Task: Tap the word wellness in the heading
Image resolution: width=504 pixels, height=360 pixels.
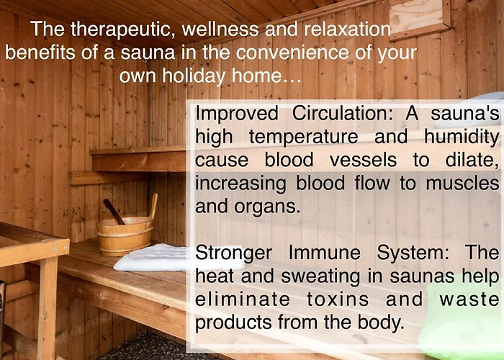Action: pos(220,29)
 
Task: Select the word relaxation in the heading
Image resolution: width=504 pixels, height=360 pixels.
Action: pos(348,29)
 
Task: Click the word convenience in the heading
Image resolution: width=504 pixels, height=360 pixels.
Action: pos(292,53)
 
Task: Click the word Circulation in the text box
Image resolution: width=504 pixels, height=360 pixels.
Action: pos(342,114)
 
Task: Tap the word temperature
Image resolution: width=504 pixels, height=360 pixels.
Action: pos(303,137)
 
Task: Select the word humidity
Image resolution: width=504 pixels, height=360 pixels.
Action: pos(462,137)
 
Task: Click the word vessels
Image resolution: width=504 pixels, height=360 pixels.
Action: pos(363,160)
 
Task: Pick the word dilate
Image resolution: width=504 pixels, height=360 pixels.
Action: pos(472,159)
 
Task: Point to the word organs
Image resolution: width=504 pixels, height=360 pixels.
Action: pos(267,207)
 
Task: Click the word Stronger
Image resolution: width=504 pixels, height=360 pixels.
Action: pos(234,253)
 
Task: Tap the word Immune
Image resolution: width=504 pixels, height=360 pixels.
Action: pos(325,253)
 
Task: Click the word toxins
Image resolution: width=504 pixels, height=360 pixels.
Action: pos(338,300)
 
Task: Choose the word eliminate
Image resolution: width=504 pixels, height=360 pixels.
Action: pos(243,300)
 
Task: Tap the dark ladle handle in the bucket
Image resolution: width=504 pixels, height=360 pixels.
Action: pos(114,212)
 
